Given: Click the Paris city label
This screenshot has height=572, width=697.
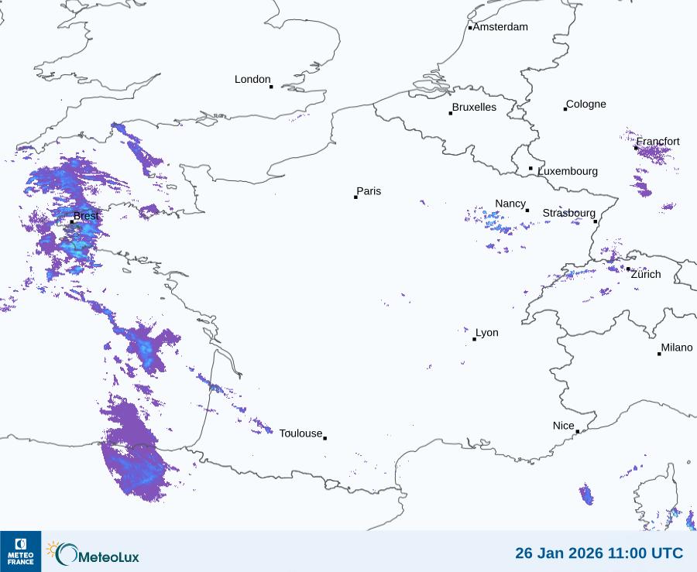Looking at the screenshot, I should (369, 191).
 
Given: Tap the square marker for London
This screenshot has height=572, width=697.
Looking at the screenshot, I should (271, 87).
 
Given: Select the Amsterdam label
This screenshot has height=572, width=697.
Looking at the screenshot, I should (500, 27).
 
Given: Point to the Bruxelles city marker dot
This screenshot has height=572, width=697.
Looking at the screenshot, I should (451, 114).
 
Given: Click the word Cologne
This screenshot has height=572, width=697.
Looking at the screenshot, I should (586, 104).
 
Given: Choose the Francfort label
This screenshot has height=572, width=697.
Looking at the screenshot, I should (658, 142).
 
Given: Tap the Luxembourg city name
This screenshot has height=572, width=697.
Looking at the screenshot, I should (568, 171).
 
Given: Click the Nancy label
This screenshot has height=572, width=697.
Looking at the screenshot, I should (510, 204).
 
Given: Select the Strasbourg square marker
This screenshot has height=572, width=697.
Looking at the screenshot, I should (596, 221).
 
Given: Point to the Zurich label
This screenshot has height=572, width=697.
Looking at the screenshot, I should (646, 274).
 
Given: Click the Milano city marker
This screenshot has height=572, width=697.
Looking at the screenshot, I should (659, 354).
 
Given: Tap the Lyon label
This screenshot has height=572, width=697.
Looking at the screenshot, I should (487, 333).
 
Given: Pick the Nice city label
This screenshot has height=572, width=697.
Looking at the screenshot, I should (563, 426).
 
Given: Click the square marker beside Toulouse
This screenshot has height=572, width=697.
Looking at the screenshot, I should (324, 438).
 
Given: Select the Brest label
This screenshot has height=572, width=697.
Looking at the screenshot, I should (86, 216).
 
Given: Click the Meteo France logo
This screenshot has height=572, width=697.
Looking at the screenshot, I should (20, 551).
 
